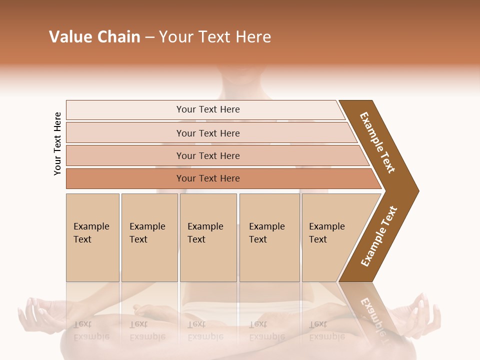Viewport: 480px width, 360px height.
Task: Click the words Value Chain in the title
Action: click(94, 37)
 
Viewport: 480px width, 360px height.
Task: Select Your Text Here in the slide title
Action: click(215, 37)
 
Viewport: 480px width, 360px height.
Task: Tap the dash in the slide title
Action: click(149, 37)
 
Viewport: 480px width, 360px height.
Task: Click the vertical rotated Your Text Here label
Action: click(57, 143)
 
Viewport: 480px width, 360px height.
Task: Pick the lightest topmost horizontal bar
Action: click(207, 109)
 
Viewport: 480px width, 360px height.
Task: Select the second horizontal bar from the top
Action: click(207, 133)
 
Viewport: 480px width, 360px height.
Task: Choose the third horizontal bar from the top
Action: click(207, 155)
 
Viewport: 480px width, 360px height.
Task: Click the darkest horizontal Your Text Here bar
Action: click(207, 178)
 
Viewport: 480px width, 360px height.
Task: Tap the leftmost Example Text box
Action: click(92, 237)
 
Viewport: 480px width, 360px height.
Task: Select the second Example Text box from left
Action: click(149, 237)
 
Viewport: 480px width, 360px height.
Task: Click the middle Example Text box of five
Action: click(208, 237)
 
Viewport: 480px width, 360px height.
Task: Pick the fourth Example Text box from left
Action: click(269, 237)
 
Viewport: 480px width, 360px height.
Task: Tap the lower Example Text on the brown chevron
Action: click(378, 236)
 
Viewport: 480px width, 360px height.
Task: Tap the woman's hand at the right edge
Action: click(425, 312)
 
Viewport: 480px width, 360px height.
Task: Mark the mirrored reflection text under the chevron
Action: click(372, 315)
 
